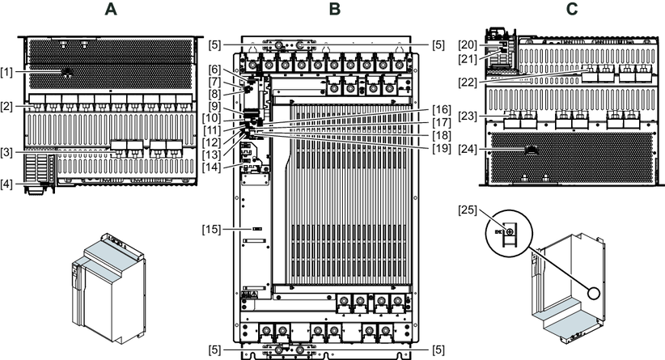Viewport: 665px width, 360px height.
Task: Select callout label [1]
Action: (x=8, y=73)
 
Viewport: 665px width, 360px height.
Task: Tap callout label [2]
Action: (x=8, y=106)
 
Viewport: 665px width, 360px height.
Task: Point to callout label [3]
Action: (x=8, y=150)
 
